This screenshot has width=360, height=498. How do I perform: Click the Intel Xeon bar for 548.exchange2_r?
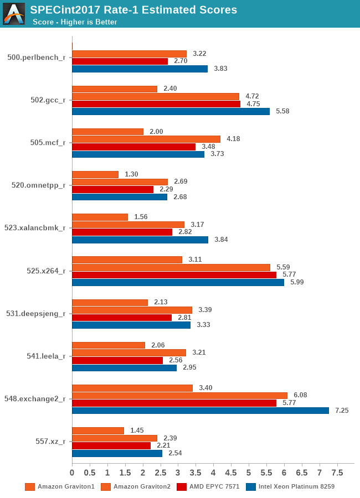coord(200,411)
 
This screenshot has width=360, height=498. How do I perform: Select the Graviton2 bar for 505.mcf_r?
coord(146,139)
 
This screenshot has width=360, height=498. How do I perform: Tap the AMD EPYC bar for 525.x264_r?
coord(174,274)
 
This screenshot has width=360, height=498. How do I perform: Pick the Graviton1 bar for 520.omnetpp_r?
coord(95,174)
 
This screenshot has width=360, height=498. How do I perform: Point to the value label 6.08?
coord(300,395)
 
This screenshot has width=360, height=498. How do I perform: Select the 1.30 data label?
coord(131,174)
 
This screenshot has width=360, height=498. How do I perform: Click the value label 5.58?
coord(282,111)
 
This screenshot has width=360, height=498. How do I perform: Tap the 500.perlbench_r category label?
coord(37,57)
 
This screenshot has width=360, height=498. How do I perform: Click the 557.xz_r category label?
coord(50,442)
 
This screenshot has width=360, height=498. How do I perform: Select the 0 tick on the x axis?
coord(72,473)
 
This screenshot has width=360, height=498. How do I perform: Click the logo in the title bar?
coord(14,14)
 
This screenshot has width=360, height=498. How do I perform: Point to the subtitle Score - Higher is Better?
coord(75,22)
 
